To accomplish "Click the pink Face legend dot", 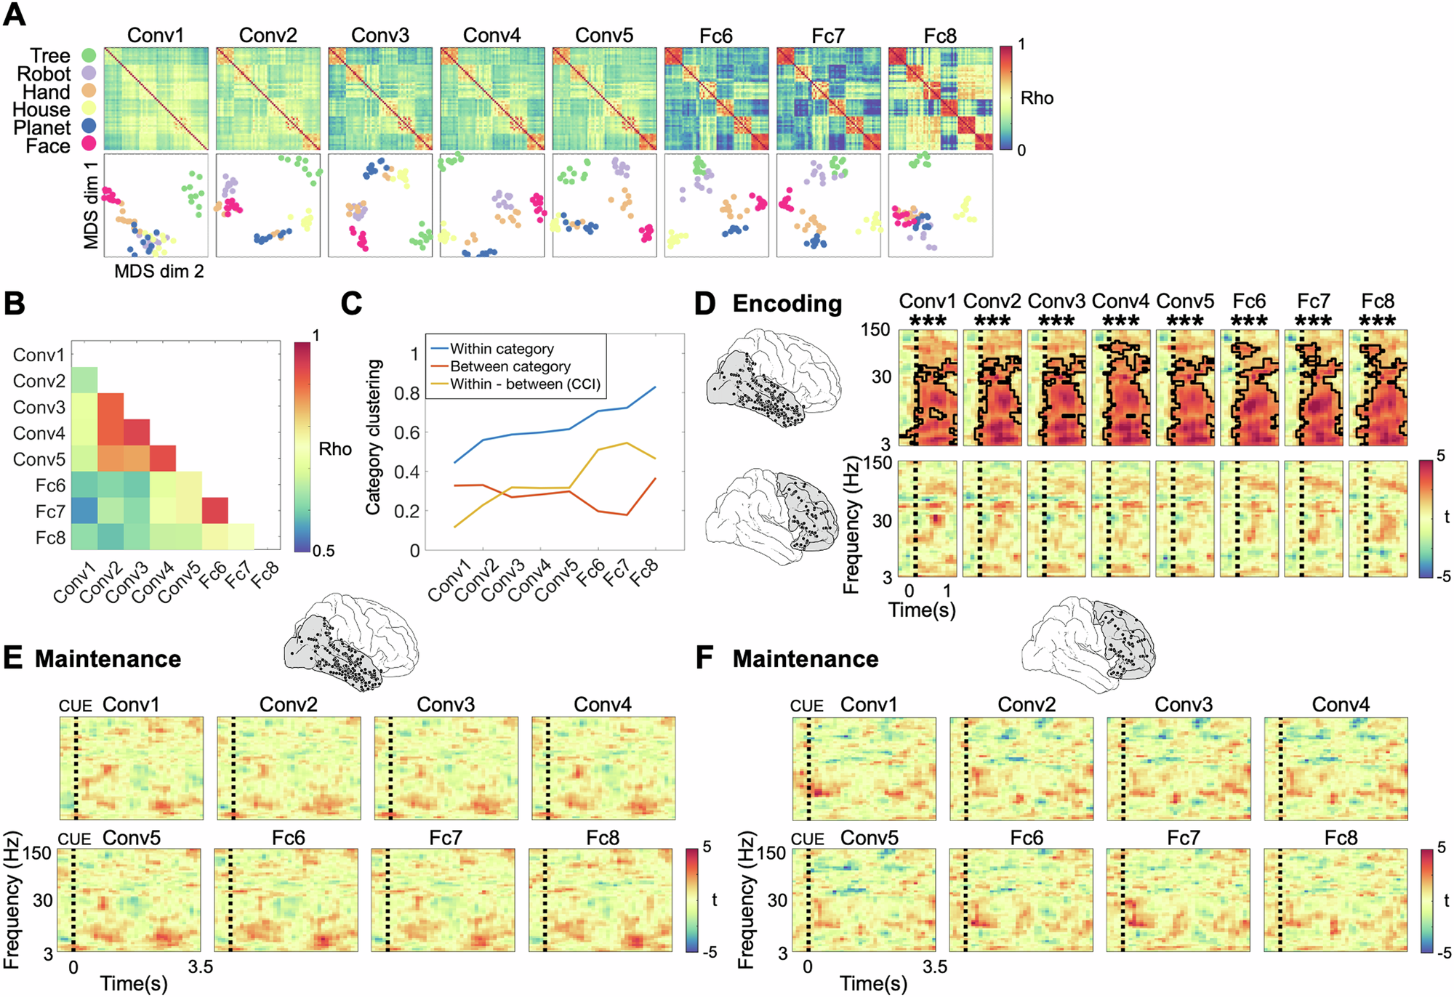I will click(89, 144).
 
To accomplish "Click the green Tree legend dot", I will click(89, 55).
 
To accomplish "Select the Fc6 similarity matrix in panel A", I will click(716, 99).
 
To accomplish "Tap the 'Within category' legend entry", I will click(502, 349).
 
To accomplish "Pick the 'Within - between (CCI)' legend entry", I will click(525, 384).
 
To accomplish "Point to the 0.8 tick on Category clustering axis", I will click(406, 393).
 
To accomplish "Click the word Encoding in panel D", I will click(787, 304).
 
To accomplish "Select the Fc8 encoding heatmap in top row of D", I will click(1378, 387).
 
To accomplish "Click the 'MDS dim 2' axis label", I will click(158, 271).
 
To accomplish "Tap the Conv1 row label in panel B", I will click(39, 355).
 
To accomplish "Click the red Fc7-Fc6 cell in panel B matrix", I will click(215, 511).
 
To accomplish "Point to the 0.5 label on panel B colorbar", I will click(324, 551).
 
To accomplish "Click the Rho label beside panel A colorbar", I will click(1037, 98).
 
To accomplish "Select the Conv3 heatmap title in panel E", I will click(446, 704).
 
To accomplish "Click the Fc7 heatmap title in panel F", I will click(1183, 838).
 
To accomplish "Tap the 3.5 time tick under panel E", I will click(200, 966).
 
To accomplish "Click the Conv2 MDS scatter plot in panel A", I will click(268, 205).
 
